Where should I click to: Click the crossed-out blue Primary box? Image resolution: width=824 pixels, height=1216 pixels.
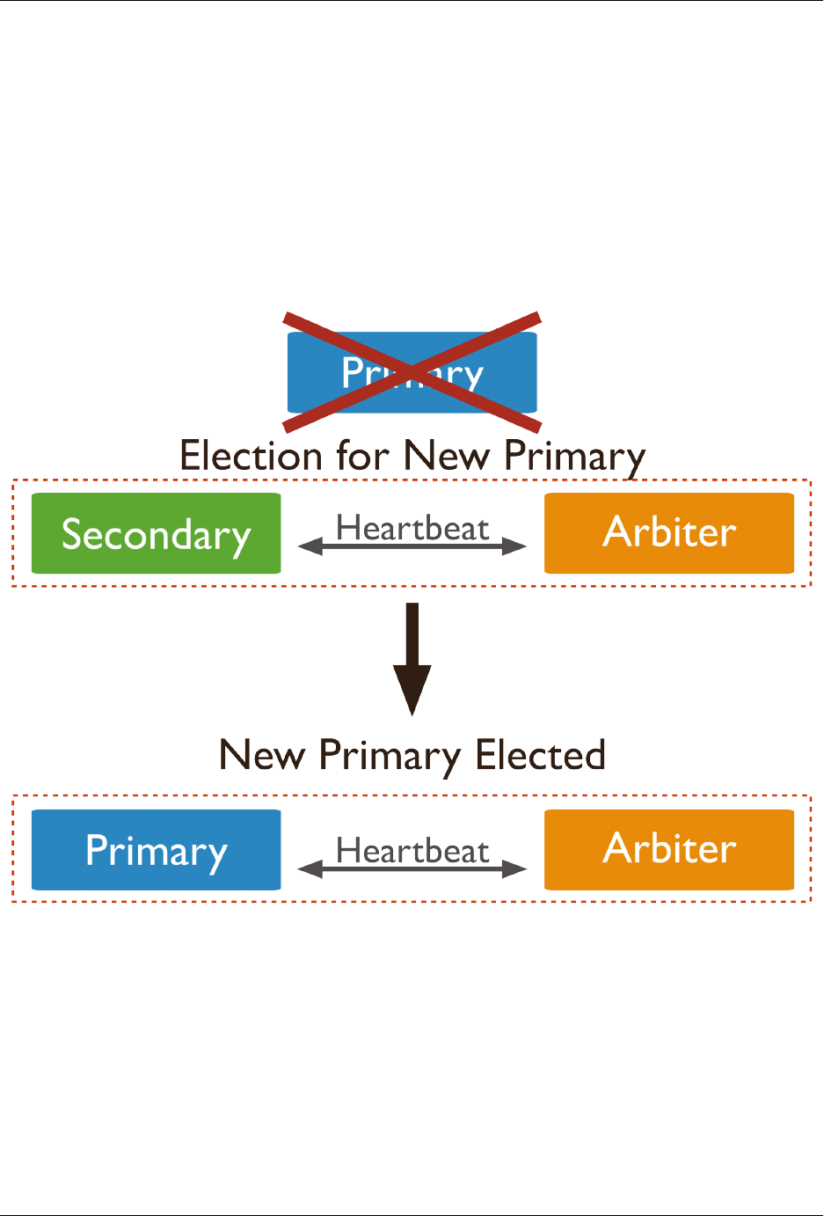click(x=412, y=372)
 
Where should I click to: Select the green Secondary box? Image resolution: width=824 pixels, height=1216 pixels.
click(x=156, y=533)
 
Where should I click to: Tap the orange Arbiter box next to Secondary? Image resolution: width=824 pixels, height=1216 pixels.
click(x=669, y=533)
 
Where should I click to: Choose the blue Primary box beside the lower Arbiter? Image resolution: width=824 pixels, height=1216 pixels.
click(x=156, y=850)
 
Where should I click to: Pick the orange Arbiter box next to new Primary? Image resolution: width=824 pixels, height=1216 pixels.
click(x=669, y=850)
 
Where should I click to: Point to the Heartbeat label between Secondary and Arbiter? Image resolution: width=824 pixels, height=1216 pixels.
click(x=412, y=528)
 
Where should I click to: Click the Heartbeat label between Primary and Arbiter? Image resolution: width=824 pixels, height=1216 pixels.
click(x=412, y=851)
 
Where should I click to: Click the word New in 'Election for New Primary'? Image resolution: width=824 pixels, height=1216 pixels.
click(x=448, y=456)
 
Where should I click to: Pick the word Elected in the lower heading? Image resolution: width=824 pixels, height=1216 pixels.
click(x=540, y=755)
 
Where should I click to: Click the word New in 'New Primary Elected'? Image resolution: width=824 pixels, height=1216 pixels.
click(x=262, y=755)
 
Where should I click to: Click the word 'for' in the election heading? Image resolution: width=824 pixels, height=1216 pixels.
click(x=361, y=456)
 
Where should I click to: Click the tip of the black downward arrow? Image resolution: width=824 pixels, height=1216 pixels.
click(x=412, y=712)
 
